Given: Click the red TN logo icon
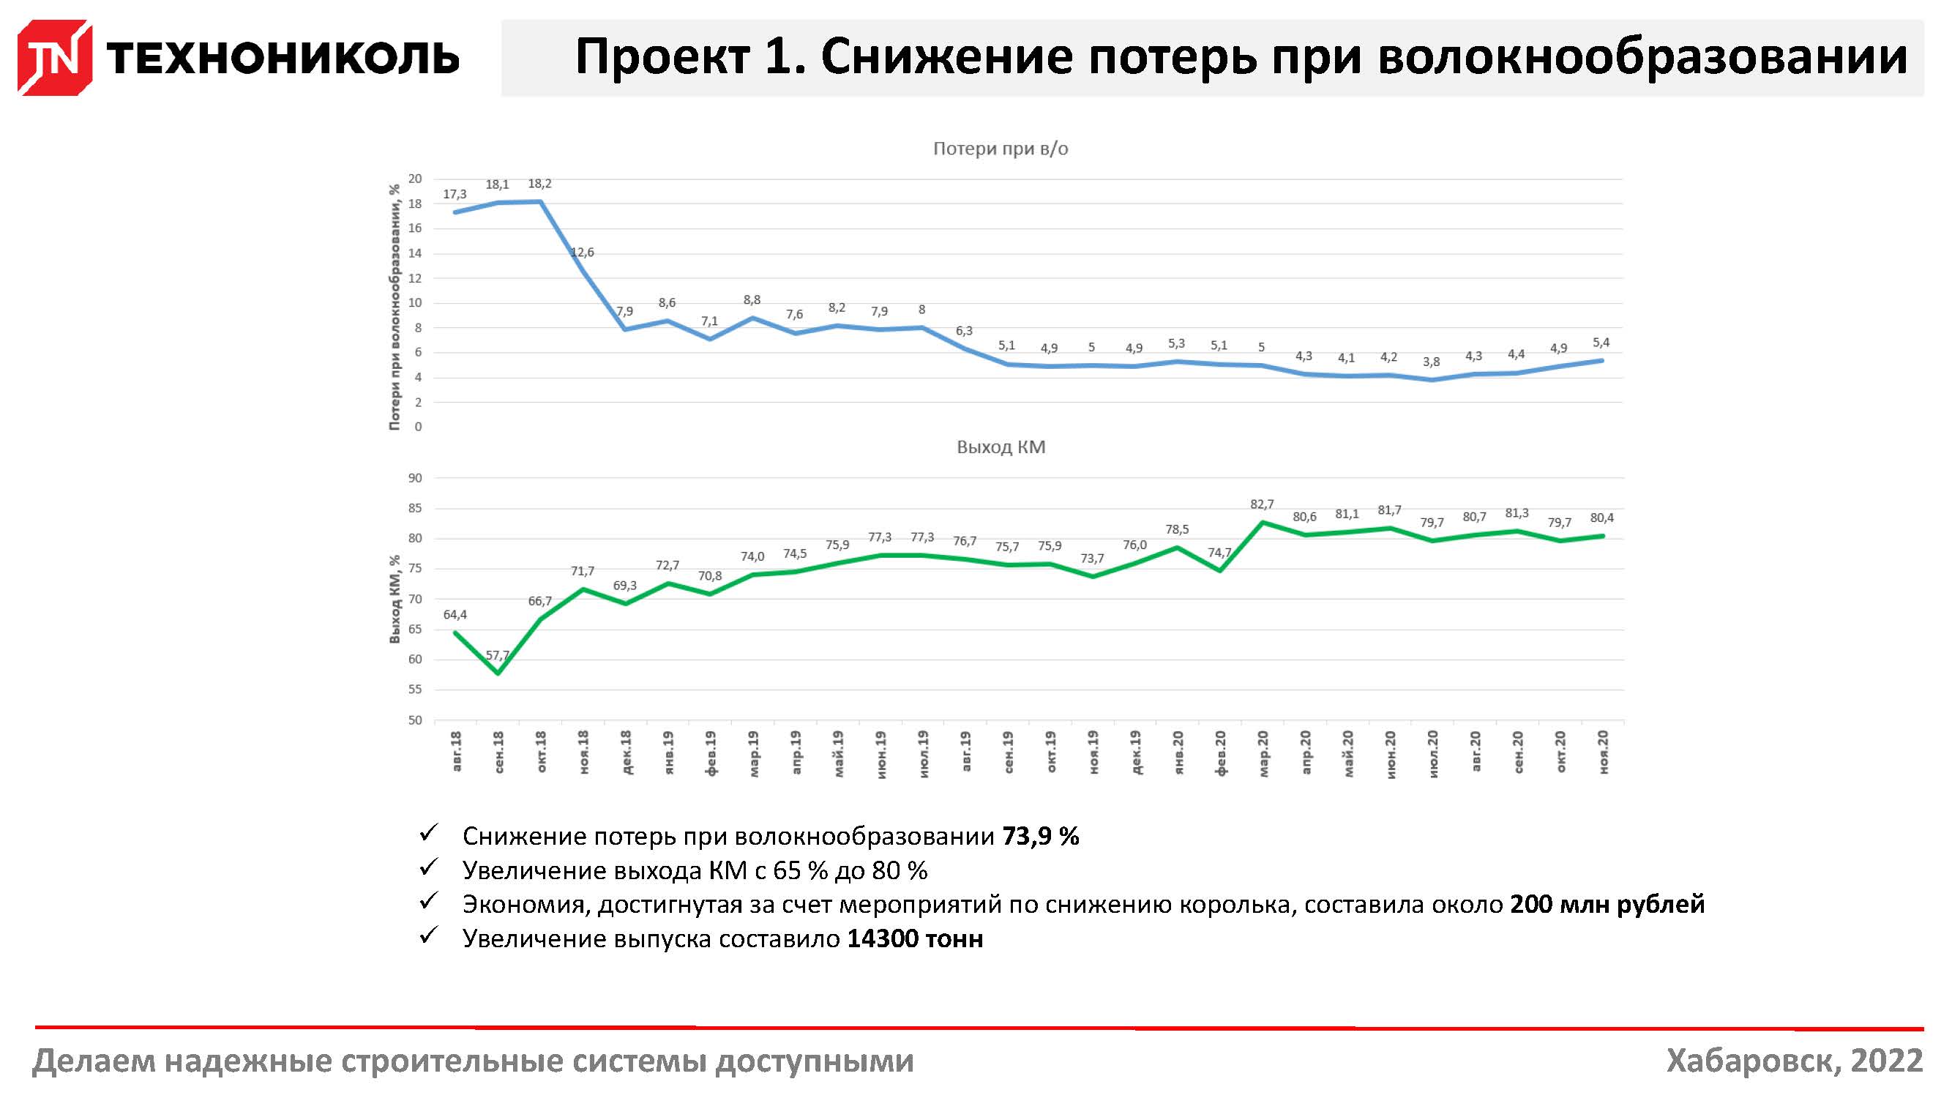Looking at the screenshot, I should [55, 58].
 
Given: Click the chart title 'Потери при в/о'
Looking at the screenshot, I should [1000, 149].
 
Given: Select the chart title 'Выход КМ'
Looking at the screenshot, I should [1001, 447].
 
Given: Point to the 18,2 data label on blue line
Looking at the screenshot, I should [539, 184].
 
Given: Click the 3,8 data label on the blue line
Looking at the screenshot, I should [1431, 362].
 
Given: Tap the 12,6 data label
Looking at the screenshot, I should [582, 253].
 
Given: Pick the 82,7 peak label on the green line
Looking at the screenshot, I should [1262, 504].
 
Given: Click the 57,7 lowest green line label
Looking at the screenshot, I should [497, 655].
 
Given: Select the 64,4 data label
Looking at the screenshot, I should [455, 615].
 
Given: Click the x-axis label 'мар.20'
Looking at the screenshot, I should [1263, 752].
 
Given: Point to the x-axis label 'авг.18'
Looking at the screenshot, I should [455, 751].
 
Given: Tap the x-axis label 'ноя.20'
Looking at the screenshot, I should [1603, 752].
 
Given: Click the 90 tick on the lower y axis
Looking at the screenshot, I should [414, 478].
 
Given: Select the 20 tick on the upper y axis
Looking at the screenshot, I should [414, 179].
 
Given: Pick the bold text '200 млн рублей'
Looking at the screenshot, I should [1607, 905].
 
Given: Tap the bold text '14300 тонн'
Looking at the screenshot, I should [914, 939].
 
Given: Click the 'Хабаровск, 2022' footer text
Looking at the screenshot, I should [1794, 1061].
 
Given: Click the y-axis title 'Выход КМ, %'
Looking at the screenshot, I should [394, 600].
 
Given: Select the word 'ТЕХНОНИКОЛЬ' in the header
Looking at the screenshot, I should [283, 58].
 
